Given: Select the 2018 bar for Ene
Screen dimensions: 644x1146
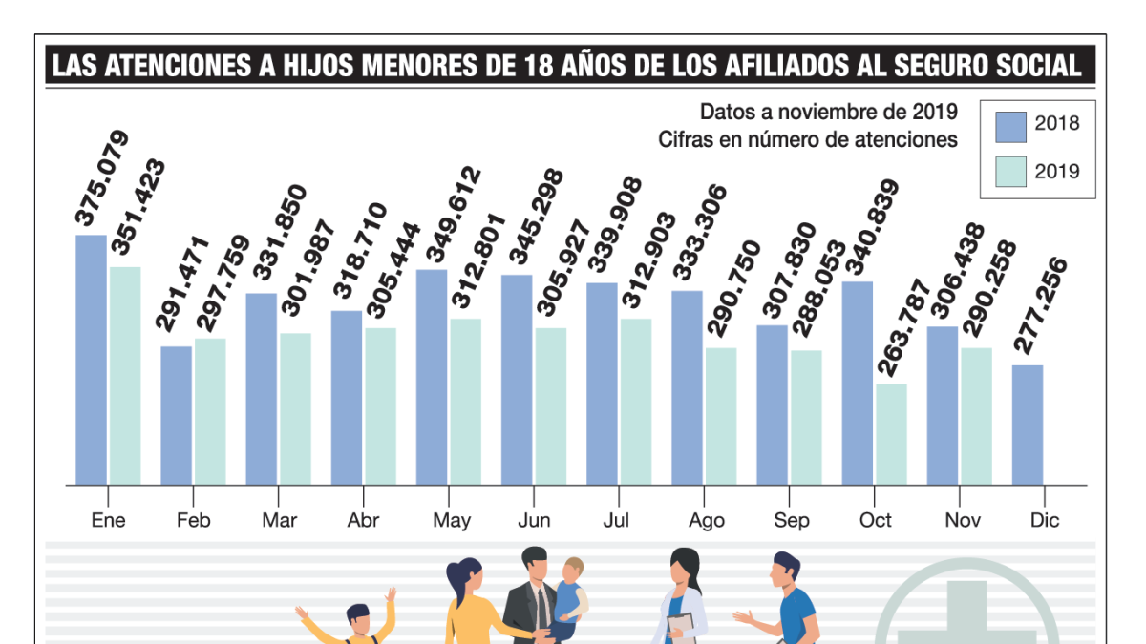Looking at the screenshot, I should (x=91, y=360).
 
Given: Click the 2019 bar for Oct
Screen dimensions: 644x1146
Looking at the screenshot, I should (x=891, y=434).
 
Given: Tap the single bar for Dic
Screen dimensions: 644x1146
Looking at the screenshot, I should (x=1027, y=425).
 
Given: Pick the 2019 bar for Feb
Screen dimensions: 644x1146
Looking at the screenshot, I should (x=210, y=411).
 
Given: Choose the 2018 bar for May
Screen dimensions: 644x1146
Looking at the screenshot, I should (x=432, y=377).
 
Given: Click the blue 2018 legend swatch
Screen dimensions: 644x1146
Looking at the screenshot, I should (x=1010, y=125).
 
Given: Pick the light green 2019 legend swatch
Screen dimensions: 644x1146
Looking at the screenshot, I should (x=1010, y=172).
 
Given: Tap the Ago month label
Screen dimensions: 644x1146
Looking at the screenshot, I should (x=706, y=520).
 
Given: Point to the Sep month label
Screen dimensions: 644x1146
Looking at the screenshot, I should (x=791, y=520).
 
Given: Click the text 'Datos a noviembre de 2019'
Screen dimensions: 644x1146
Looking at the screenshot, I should (x=828, y=112).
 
